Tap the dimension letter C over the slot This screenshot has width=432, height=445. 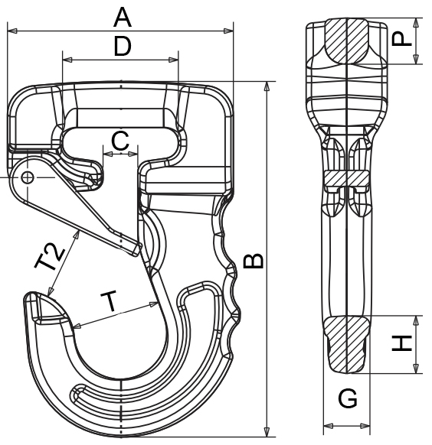[x=119, y=140]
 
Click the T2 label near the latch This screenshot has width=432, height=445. [x=51, y=258]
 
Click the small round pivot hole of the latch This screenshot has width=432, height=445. [x=28, y=177]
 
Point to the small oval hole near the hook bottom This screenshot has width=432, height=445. [x=77, y=393]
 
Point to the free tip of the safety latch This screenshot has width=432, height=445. [x=137, y=248]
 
